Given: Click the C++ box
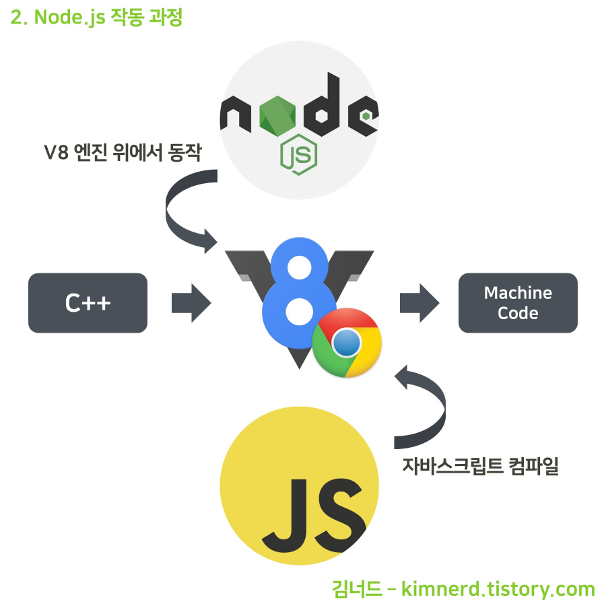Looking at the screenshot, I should (88, 303).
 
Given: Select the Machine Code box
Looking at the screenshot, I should (518, 303).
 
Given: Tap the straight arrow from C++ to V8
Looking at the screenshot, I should (191, 303).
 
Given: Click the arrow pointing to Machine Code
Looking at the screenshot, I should (419, 303).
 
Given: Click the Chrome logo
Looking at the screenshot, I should (347, 343).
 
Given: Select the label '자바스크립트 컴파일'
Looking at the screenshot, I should (481, 465).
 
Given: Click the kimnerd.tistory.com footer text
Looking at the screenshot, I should (498, 589).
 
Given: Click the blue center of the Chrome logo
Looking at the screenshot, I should (347, 343).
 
